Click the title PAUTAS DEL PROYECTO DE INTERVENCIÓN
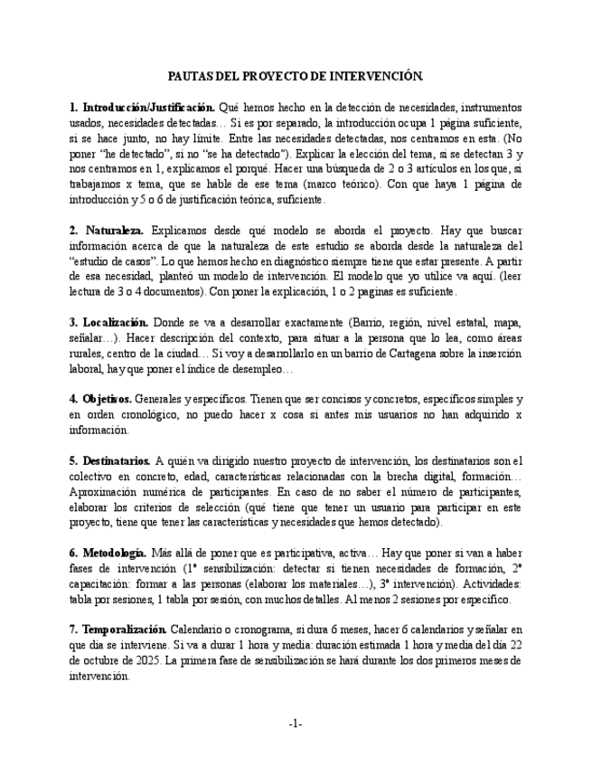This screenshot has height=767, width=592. [296, 79]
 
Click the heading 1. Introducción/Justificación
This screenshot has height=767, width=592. [142, 107]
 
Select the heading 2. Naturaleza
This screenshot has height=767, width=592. [107, 230]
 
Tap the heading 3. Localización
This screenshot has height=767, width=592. [108, 322]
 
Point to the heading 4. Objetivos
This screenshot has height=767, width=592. [100, 398]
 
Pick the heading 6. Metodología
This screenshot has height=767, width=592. [108, 553]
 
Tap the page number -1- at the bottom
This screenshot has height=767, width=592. [296, 723]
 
